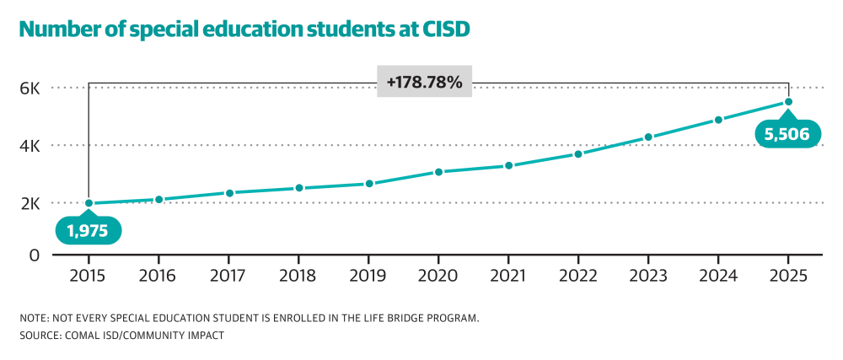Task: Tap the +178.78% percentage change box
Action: (x=424, y=83)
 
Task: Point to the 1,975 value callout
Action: (x=89, y=231)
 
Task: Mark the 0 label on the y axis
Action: (x=35, y=254)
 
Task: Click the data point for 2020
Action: (x=438, y=172)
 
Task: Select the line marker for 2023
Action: (x=648, y=137)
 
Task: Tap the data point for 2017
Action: (x=228, y=193)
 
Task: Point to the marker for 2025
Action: (x=788, y=102)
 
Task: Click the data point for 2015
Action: (x=89, y=203)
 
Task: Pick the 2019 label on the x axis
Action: (x=368, y=277)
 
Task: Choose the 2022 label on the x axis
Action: (x=578, y=277)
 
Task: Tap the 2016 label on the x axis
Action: (x=158, y=277)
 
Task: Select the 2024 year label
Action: (x=718, y=277)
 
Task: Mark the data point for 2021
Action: (x=508, y=165)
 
